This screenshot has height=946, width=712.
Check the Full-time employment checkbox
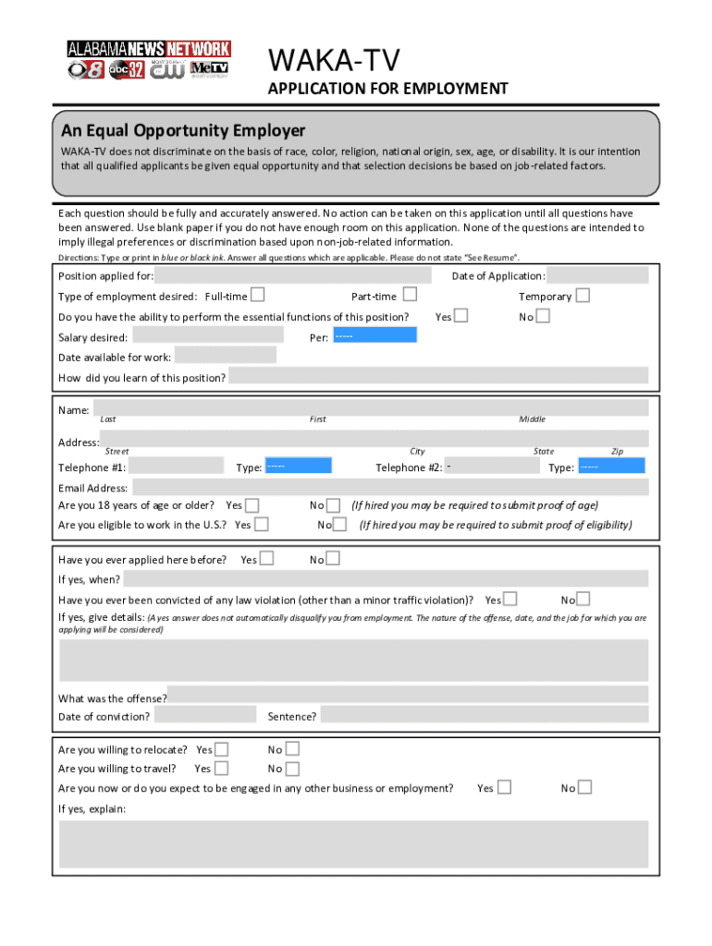[258, 296]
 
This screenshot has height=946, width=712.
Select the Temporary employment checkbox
[583, 296]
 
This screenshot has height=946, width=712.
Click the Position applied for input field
[293, 275]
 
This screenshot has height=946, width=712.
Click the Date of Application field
[598, 275]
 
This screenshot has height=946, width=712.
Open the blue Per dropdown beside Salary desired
[374, 335]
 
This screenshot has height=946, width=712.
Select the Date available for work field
[225, 356]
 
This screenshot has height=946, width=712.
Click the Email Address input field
[389, 488]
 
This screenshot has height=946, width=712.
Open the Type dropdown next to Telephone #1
[298, 466]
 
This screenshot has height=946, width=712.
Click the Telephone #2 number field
[492, 466]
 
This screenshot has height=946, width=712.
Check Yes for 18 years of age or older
[252, 504]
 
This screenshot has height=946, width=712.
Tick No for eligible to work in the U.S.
[340, 524]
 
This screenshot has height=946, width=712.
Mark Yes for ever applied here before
[266, 558]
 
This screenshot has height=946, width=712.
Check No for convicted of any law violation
[583, 599]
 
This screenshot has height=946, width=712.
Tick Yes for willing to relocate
[221, 749]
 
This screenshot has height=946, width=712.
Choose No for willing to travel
[292, 769]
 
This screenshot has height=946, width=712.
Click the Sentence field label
[292, 716]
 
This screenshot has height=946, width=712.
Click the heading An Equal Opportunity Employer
[183, 130]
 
